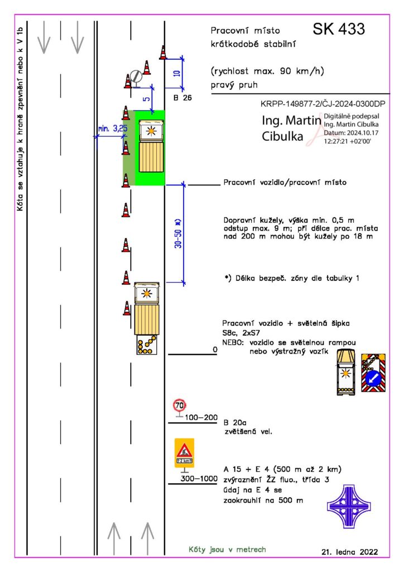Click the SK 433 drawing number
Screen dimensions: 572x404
338,29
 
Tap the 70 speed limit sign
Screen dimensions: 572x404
179,404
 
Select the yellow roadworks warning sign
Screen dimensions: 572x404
184,452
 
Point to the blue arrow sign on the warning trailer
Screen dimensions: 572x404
373,379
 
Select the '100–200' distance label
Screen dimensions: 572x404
201,417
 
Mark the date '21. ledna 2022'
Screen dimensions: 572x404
349,551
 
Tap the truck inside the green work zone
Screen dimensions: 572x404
150,146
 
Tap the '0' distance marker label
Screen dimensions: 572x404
214,350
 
